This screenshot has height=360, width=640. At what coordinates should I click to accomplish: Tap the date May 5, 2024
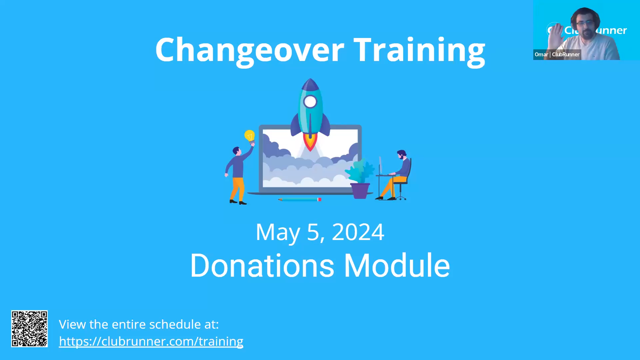coord(320,232)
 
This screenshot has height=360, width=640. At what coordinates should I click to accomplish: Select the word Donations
coord(262,265)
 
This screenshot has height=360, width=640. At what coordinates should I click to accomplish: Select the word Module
coord(397,265)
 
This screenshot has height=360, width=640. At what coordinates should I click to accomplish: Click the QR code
coord(29,329)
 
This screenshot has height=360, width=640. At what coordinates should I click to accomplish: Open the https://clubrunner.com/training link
coord(151,341)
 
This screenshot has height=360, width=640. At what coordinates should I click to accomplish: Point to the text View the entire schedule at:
coord(139,324)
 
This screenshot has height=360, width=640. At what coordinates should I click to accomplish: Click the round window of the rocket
coord(310,102)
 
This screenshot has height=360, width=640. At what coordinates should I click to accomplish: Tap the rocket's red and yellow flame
coord(310,142)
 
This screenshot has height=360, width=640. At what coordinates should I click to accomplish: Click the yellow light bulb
coord(250,136)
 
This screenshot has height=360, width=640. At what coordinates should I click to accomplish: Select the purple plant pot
coord(360,191)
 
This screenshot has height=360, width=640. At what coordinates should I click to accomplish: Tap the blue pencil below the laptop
coord(299,199)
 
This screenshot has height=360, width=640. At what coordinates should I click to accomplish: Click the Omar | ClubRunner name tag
coord(557,54)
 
